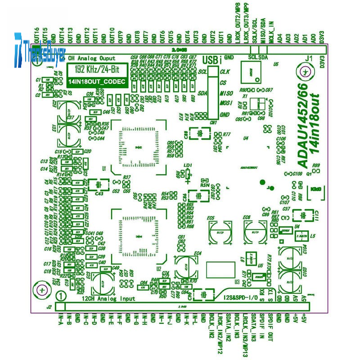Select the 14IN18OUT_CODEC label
(96, 81)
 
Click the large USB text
(210, 59)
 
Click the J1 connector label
(309, 58)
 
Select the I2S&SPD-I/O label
(240, 297)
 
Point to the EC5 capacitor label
(210, 218)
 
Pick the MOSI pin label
(226, 103)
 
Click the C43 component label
(100, 193)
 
